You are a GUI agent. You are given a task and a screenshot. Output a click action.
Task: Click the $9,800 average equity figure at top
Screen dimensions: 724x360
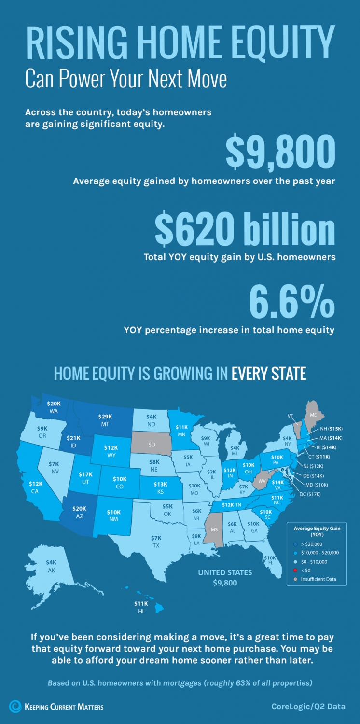click(x=280, y=151)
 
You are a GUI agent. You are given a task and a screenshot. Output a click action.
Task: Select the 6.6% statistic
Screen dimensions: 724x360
click(x=291, y=301)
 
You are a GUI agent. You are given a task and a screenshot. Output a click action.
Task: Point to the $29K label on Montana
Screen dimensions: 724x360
click(x=105, y=417)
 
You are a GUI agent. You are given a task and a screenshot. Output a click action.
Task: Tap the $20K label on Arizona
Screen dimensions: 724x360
click(x=79, y=509)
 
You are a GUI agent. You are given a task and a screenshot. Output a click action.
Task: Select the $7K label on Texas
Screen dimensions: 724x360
click(x=156, y=538)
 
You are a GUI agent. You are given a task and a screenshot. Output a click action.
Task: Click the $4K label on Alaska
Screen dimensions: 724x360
click(x=51, y=562)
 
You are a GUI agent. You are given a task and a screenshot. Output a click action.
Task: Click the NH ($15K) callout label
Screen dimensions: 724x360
click(x=331, y=429)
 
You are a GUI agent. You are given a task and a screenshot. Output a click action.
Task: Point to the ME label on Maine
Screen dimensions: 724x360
click(x=313, y=414)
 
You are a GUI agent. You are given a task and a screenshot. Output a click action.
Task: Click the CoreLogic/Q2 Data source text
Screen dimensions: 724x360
click(x=308, y=707)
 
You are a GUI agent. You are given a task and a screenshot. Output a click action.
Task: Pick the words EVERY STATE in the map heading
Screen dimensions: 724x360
click(x=269, y=374)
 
